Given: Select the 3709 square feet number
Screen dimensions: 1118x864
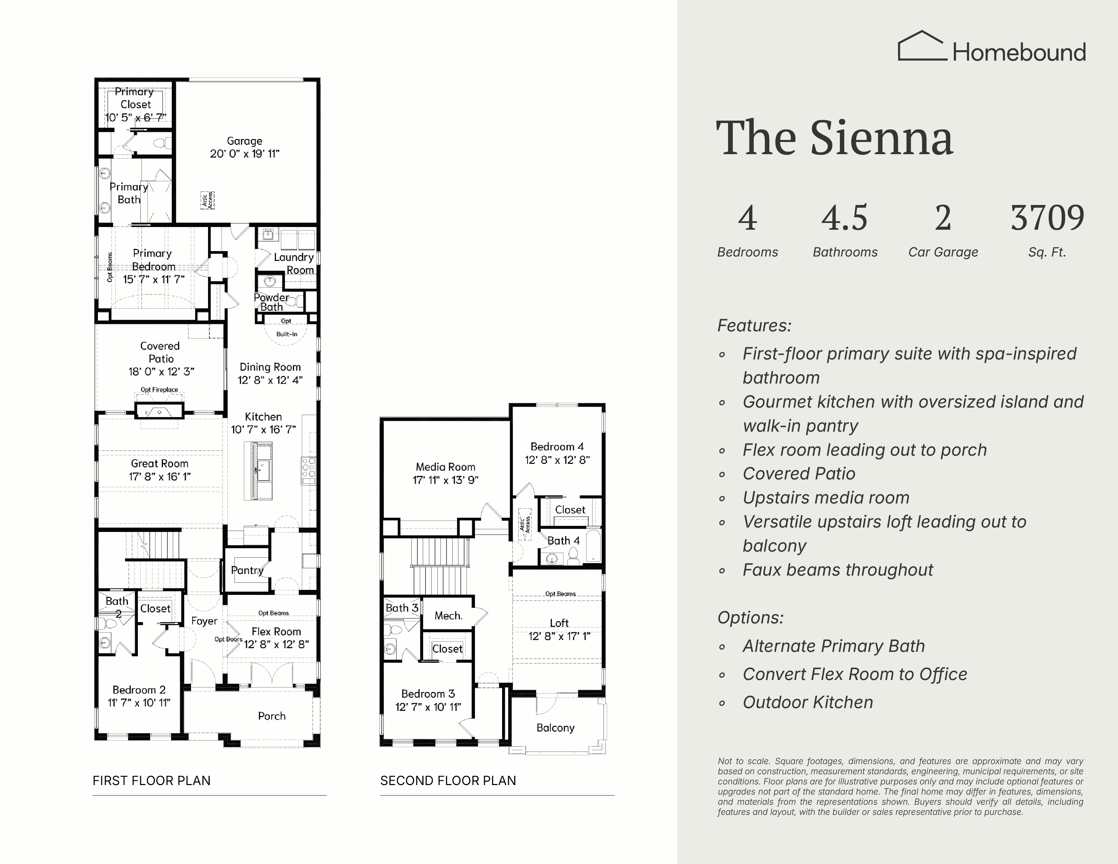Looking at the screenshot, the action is [x=1047, y=218].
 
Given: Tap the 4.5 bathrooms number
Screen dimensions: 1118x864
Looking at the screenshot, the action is [x=845, y=218].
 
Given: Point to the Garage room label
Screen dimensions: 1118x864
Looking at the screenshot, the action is [x=245, y=141].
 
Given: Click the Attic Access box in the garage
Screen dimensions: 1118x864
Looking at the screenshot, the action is [x=207, y=200].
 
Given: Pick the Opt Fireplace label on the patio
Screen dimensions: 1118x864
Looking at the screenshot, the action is [x=159, y=390].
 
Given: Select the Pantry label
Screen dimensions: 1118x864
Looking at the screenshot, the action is [x=247, y=570].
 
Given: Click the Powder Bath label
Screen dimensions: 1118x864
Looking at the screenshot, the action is [x=271, y=302].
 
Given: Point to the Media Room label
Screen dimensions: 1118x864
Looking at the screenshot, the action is [x=446, y=467].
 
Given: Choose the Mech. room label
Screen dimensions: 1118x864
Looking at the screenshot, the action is [x=449, y=616].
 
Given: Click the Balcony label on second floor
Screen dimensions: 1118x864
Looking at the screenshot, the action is [x=555, y=728].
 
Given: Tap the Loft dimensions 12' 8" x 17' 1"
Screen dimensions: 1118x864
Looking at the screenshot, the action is [x=560, y=636].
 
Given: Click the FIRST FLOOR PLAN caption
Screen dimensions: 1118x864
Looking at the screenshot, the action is [x=151, y=781].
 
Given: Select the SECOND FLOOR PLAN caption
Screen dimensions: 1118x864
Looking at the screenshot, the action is [x=448, y=781].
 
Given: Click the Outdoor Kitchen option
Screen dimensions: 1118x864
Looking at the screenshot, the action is [x=808, y=702].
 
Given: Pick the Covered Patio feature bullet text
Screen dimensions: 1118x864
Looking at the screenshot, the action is [x=799, y=474].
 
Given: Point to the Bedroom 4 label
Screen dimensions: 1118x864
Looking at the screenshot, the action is [x=557, y=447].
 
